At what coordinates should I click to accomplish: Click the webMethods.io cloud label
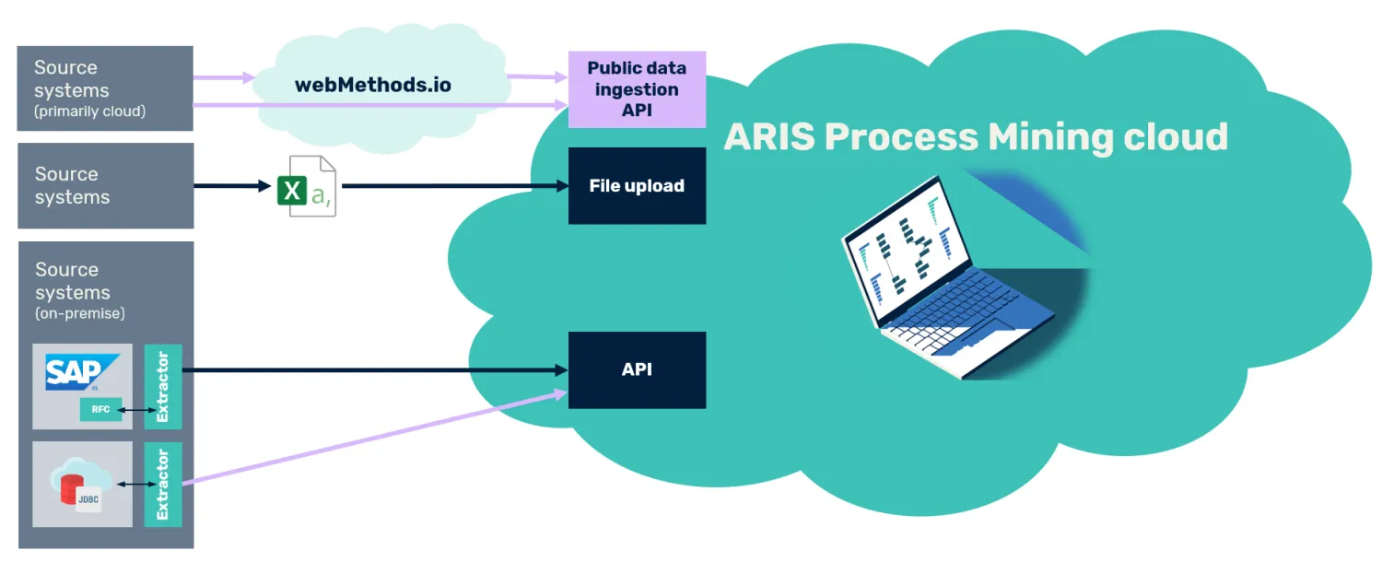tap(372, 85)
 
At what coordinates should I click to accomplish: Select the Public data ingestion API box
tap(637, 89)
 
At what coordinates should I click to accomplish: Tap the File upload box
tap(637, 186)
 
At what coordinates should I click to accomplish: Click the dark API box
tap(637, 369)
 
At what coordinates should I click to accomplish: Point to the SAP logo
tap(81, 372)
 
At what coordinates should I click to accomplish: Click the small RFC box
tap(100, 410)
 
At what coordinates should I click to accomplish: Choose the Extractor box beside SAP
tap(163, 386)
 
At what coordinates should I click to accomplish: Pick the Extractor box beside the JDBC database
tap(163, 485)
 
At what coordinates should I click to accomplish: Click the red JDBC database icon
tap(72, 490)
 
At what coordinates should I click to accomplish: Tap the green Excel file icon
tap(307, 186)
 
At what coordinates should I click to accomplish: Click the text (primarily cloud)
tap(90, 111)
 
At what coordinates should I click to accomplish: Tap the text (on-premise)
tap(80, 313)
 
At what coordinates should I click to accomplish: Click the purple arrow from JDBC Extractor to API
tap(374, 437)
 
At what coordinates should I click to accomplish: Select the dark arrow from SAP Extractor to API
tap(374, 370)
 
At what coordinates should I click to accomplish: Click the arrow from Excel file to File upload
tap(455, 186)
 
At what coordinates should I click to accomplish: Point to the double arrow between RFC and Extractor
tap(136, 410)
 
